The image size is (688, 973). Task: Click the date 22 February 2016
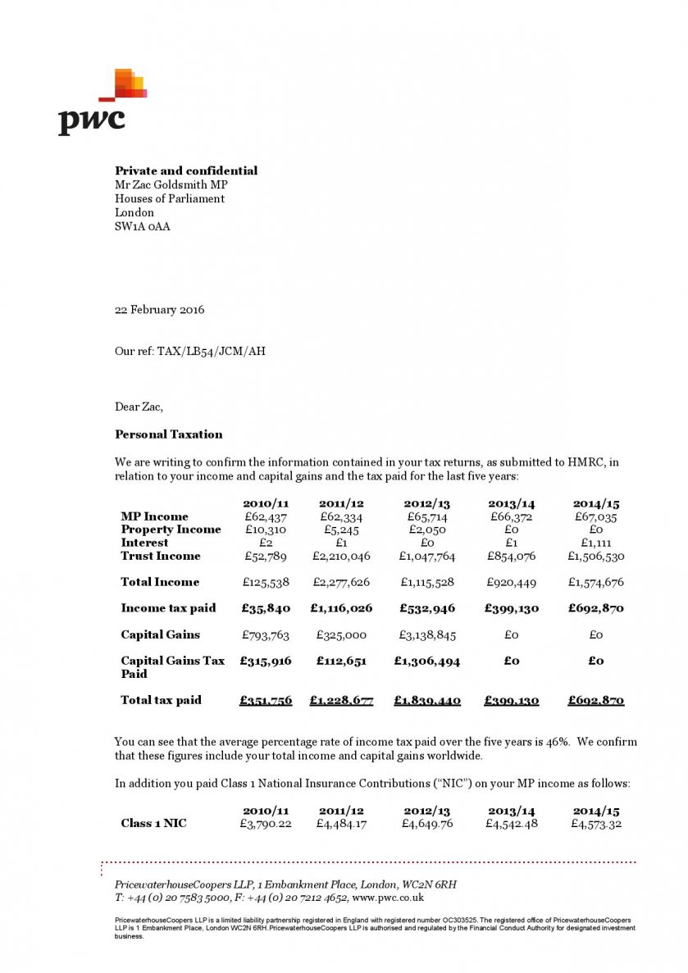[x=159, y=310]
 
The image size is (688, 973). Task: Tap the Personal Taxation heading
[x=168, y=434]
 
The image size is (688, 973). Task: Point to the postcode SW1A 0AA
[x=142, y=226]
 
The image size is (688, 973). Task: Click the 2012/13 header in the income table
[x=426, y=503]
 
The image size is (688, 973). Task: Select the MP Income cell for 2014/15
[x=595, y=516]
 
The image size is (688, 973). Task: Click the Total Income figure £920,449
[x=511, y=582]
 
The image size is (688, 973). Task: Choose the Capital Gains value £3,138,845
[x=426, y=634]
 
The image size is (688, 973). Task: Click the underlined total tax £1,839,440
[x=426, y=700]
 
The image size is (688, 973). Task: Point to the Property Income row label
[x=171, y=530]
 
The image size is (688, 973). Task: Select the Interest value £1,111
[x=595, y=543]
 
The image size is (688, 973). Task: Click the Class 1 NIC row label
[x=153, y=823]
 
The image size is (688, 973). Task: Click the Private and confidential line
[x=186, y=171]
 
